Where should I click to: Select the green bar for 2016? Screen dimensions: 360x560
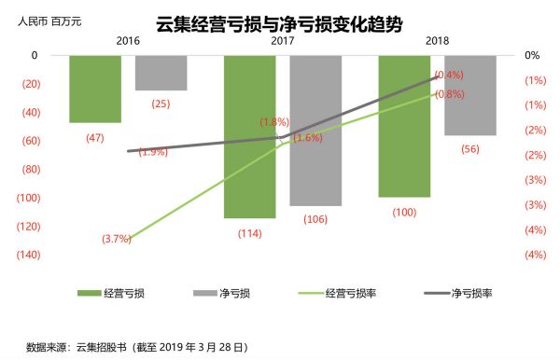pyautogui.click(x=95, y=89)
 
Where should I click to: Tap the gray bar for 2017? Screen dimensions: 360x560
pyautogui.click(x=315, y=131)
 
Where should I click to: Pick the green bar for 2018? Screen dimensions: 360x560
pyautogui.click(x=404, y=126)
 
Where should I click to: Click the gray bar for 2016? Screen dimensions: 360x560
pyautogui.click(x=161, y=73)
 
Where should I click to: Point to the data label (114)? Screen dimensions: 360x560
pyautogui.click(x=249, y=233)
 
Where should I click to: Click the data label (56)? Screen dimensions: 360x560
pyautogui.click(x=470, y=149)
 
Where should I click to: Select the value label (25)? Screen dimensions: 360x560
pyautogui.click(x=161, y=104)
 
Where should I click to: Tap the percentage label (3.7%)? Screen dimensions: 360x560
pyautogui.click(x=117, y=239)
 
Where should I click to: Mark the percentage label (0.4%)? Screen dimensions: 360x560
pyautogui.click(x=450, y=75)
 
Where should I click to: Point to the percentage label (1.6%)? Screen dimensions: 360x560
pyautogui.click(x=308, y=138)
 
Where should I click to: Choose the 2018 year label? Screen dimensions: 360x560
pyautogui.click(x=437, y=42)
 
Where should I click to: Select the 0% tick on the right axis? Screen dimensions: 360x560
pyautogui.click(x=532, y=55)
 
